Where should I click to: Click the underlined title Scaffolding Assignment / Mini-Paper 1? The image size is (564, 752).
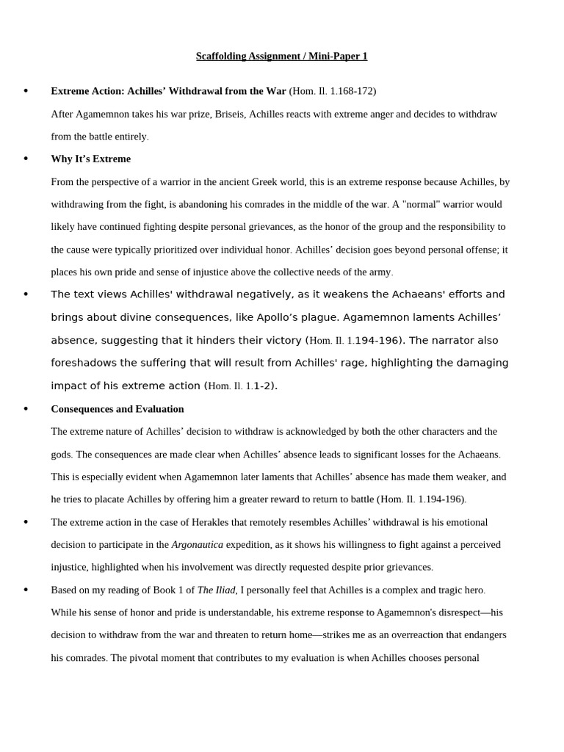281,56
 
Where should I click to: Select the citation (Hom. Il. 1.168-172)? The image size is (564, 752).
332,91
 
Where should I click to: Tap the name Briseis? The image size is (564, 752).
232,114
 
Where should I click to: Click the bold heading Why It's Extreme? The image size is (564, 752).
90,159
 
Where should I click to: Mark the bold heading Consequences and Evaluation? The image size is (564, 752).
117,408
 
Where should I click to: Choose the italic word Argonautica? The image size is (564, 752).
197,545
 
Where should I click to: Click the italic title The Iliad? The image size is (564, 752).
216,590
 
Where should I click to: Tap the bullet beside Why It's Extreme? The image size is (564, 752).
26,159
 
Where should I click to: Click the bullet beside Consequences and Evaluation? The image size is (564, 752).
26,408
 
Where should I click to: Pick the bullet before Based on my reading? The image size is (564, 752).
26,590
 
